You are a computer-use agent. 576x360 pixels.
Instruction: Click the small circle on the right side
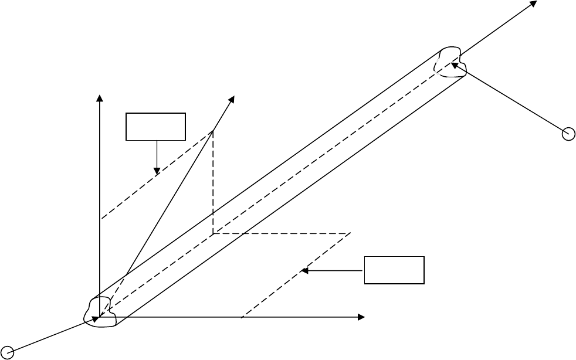tap(568, 134)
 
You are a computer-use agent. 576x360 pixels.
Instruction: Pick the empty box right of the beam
tap(394, 270)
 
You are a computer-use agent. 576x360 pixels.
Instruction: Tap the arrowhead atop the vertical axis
tap(100, 97)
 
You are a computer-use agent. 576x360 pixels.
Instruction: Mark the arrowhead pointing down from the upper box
tap(157, 171)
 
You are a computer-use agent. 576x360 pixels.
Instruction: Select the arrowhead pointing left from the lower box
tap(304, 270)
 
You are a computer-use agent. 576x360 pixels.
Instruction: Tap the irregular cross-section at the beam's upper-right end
tap(450, 62)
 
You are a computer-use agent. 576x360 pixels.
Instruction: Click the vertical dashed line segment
tap(212, 182)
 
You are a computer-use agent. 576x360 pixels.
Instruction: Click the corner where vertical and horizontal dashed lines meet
tap(212, 233)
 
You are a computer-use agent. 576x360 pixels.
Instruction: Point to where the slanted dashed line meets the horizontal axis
tap(243, 317)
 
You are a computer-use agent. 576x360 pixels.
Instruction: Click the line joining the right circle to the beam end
tap(510, 99)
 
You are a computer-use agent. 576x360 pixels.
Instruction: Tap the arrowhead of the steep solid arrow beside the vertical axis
tap(232, 99)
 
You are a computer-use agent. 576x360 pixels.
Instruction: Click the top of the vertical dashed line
tap(212, 131)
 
